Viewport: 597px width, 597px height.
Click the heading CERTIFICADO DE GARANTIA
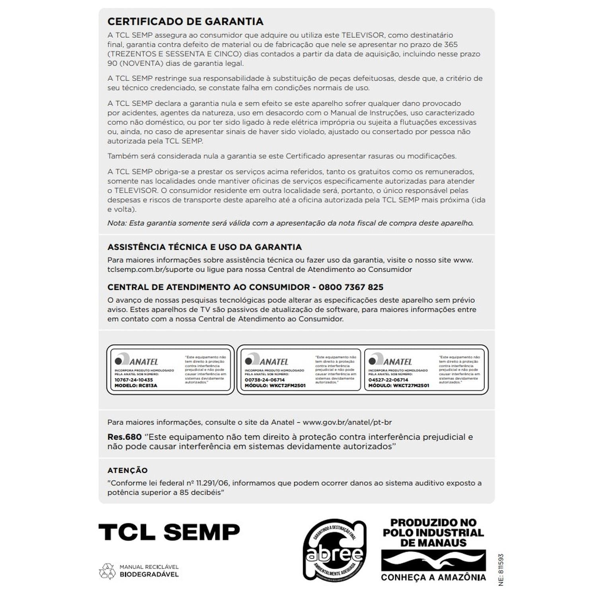click(x=185, y=21)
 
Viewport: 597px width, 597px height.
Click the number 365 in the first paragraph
click(x=451, y=45)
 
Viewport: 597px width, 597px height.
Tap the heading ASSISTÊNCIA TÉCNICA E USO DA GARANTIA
click(x=205, y=247)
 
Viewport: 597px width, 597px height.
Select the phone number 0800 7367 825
click(x=351, y=287)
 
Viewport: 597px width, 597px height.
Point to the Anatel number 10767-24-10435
click(x=134, y=380)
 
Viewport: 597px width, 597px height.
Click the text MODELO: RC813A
click(x=136, y=386)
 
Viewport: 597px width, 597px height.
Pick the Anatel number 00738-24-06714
click(x=265, y=380)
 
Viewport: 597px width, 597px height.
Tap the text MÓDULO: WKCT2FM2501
click(x=275, y=386)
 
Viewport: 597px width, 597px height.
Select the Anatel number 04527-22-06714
click(x=388, y=380)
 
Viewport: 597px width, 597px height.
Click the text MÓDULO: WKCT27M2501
click(x=399, y=386)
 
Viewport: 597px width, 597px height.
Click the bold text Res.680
click(x=124, y=437)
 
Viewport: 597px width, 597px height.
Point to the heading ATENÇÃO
click(x=127, y=470)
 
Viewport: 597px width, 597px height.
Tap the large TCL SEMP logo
click(x=169, y=532)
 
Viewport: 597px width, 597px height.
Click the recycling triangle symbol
click(x=107, y=571)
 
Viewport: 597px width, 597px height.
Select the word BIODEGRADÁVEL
click(x=149, y=575)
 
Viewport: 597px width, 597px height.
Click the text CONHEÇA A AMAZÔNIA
click(x=433, y=577)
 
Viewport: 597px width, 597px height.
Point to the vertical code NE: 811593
click(x=501, y=570)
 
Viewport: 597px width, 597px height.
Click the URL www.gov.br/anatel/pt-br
click(x=347, y=422)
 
